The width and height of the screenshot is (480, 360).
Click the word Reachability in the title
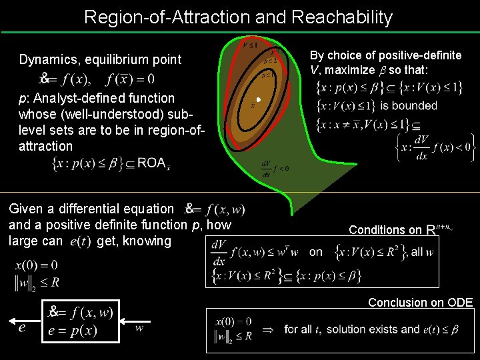pos(344,17)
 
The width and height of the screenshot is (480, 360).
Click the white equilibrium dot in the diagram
pos(257,101)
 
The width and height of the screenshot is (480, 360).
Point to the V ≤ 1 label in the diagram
pos(251,45)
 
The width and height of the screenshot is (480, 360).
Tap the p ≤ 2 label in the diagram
pos(271,60)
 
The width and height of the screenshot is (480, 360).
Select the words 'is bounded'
pos(413,105)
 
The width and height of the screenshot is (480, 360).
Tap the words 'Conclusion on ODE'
pos(420,303)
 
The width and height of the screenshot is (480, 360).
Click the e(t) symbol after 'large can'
pos(81,241)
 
